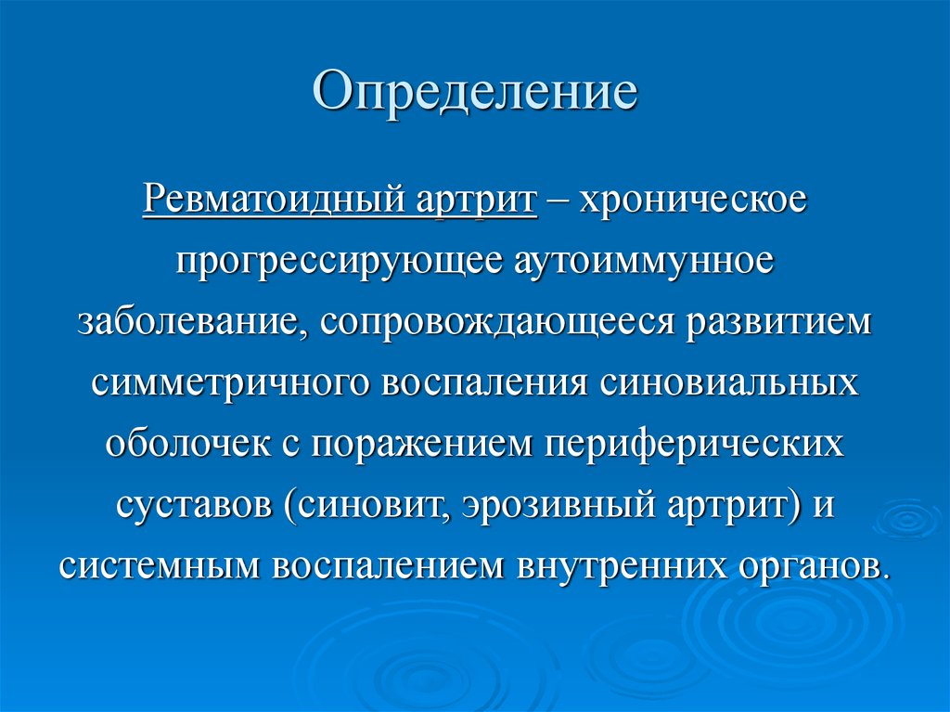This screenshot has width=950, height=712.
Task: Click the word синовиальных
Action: pyautogui.click(x=724, y=382)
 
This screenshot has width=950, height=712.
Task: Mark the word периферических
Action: pyautogui.click(x=695, y=443)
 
